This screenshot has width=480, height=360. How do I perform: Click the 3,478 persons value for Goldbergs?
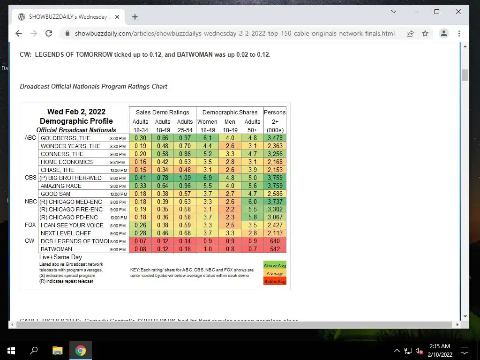coord(275,138)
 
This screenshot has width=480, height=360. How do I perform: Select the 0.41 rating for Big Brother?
coord(140,178)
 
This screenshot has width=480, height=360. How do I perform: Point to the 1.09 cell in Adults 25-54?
coord(185,178)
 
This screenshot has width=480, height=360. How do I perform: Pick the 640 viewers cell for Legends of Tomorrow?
coord(275,241)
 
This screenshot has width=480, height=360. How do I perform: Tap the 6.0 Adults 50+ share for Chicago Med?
coord(252,202)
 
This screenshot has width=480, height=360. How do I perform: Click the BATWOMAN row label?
coord(56,249)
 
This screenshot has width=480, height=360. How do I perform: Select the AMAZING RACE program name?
coord(61,186)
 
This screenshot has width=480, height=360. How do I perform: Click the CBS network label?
coord(30,178)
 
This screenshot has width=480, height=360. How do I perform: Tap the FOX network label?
coord(30,225)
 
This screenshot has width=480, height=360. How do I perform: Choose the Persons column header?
coord(275,112)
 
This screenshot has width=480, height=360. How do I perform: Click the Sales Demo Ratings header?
coord(162,112)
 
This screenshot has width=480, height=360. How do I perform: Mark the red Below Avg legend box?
coord(275,281)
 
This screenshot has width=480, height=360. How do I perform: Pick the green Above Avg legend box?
coord(275,266)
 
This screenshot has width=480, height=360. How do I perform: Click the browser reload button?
coord(49,33)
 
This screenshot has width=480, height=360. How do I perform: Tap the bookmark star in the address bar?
coord(425,33)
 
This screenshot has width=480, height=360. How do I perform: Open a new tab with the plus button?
coord(135,17)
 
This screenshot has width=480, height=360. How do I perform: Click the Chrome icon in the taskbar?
coord(81,351)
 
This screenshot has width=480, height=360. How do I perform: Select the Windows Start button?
coord(11,351)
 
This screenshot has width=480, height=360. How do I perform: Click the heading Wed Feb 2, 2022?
coord(76,112)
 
